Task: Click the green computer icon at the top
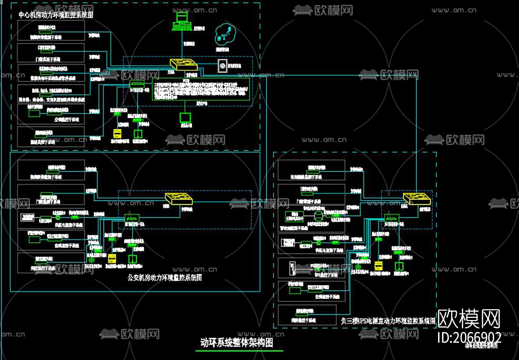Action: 181,22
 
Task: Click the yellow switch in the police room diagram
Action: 179,199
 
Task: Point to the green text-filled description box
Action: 201,89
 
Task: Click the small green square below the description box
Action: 185,117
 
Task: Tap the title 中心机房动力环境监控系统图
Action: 56,15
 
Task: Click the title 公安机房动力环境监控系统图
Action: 165,278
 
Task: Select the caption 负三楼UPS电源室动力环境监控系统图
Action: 388,321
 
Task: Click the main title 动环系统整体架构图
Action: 237,342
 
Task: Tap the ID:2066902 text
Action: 469,337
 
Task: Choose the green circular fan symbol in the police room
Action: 91,259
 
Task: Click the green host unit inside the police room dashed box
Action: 130,218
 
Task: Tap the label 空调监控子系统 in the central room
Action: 67,120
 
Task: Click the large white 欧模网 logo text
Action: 469,319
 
